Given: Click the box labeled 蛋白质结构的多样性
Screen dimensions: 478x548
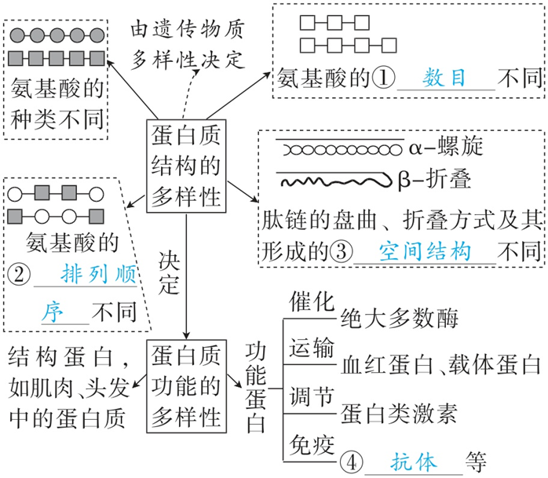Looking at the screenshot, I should pos(186,166).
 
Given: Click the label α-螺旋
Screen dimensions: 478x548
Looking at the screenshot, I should pos(446,146).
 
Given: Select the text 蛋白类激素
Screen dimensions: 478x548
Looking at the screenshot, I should pos(400,414).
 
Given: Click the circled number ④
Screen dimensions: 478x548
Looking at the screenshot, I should pos(354,460).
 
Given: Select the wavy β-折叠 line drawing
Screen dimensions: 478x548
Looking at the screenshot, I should pos(333,181).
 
